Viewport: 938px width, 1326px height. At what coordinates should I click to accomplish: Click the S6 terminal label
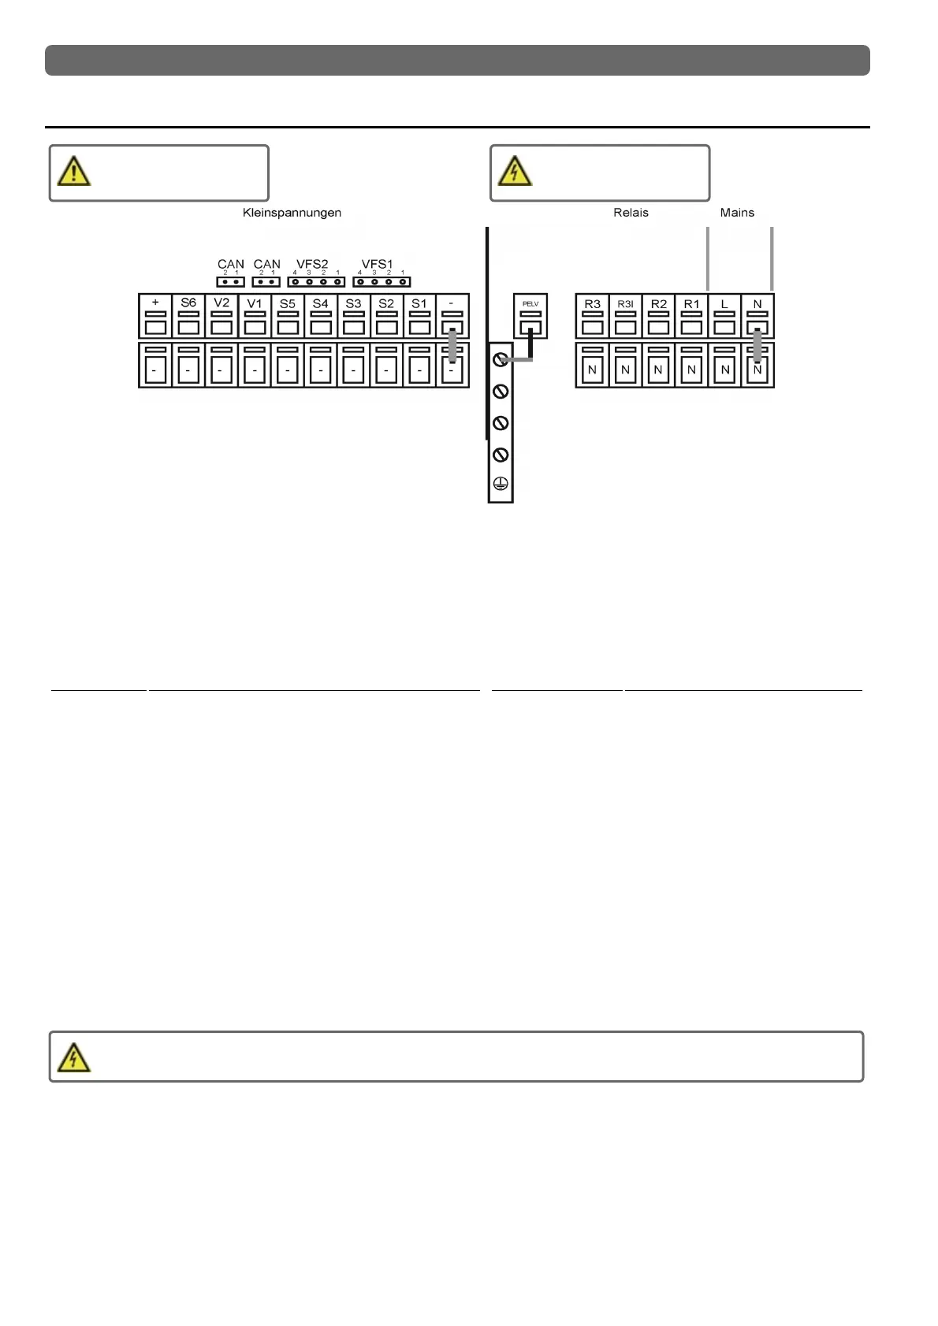click(188, 303)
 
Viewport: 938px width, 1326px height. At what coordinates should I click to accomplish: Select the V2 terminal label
click(221, 303)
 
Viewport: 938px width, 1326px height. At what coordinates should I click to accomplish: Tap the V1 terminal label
click(255, 303)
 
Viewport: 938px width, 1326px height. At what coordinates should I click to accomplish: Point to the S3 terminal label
click(353, 303)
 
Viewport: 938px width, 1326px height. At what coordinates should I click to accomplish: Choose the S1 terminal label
click(419, 303)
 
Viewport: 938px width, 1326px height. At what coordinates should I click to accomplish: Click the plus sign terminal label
click(155, 303)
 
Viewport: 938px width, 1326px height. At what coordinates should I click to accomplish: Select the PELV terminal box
click(530, 317)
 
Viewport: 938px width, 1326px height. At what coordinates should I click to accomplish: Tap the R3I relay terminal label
click(625, 303)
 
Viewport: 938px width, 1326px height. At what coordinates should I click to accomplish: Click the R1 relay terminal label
click(691, 303)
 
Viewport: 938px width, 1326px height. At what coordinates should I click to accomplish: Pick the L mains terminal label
click(724, 303)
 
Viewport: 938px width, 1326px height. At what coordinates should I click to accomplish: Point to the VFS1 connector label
click(377, 264)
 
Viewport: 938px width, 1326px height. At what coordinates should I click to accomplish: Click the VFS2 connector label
click(312, 264)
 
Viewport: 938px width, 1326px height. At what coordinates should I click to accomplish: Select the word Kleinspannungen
click(292, 213)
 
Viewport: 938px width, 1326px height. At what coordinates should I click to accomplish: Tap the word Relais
click(631, 213)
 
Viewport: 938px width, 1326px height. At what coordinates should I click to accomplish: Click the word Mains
click(737, 213)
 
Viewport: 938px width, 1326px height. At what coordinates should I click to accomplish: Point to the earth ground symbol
click(500, 485)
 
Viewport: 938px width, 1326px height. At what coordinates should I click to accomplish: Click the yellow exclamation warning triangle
click(73, 172)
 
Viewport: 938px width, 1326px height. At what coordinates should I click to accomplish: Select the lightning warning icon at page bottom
click(73, 1057)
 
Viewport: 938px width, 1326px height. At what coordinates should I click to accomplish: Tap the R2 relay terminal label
click(659, 303)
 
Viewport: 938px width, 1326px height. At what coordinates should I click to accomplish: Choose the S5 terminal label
click(288, 303)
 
